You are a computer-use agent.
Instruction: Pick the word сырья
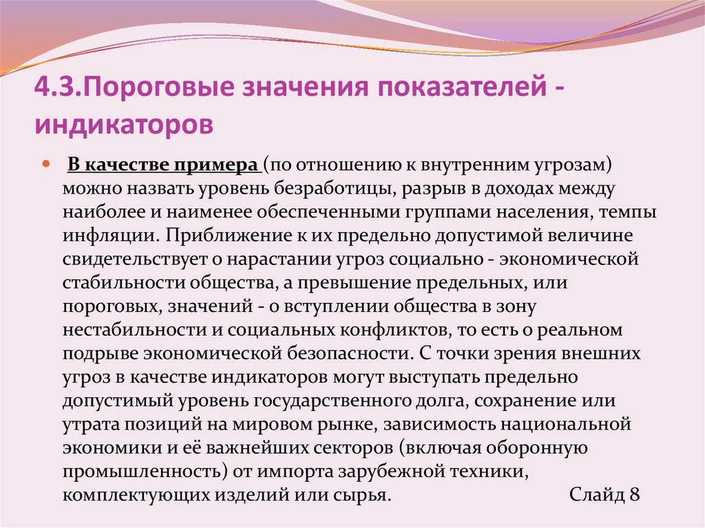(x=365, y=494)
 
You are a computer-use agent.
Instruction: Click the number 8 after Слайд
(x=634, y=494)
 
